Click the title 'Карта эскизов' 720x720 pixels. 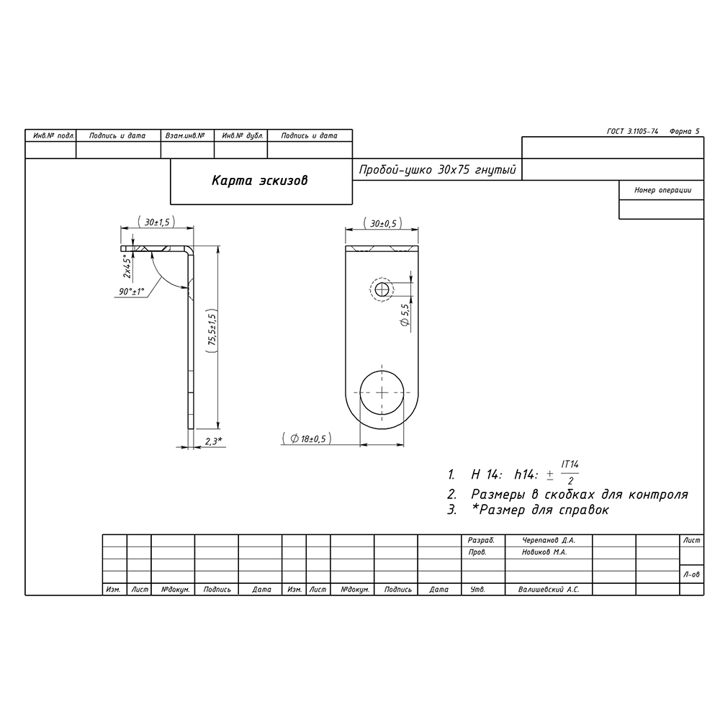click(259, 181)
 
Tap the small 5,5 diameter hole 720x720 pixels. click(382, 289)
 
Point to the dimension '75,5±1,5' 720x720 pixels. click(211, 331)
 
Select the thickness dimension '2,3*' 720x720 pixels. click(213, 441)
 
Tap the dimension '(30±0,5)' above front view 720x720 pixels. click(382, 223)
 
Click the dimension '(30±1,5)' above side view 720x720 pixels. click(156, 223)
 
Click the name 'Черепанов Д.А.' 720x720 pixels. click(549, 539)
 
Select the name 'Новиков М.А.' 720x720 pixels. click(545, 553)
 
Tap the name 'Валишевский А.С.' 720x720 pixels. click(549, 589)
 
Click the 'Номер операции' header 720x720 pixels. click(662, 191)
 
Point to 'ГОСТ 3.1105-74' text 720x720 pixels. click(634, 132)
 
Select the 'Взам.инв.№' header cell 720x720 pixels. click(186, 135)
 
